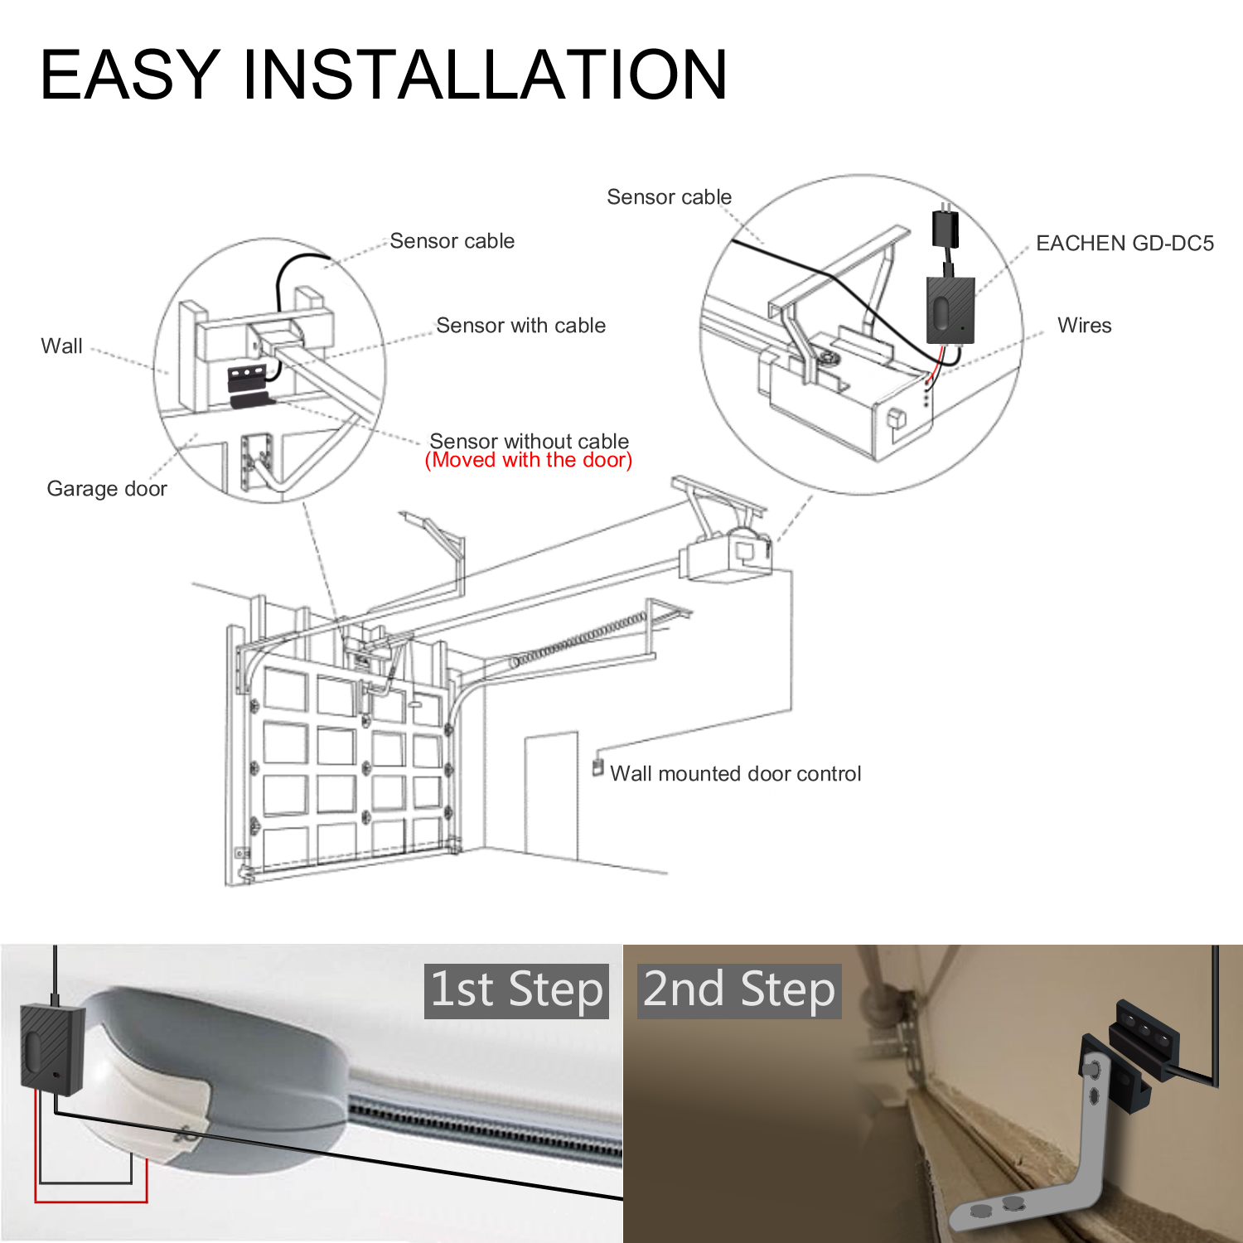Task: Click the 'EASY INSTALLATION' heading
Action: tap(383, 75)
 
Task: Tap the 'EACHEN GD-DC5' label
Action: tap(1125, 243)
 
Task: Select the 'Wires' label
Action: tap(1084, 325)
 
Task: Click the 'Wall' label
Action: tap(61, 346)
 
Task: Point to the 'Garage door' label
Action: tap(107, 488)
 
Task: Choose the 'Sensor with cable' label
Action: tap(520, 325)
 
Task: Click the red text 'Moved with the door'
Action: tap(529, 461)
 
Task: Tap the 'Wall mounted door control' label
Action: tap(735, 773)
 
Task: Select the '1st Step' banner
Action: tap(516, 990)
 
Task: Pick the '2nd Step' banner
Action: tap(739, 990)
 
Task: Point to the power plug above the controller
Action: tap(946, 227)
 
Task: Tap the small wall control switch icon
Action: tap(597, 767)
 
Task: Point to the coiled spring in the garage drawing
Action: tap(580, 638)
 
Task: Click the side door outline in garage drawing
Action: tap(551, 796)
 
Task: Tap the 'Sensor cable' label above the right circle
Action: tap(669, 196)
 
